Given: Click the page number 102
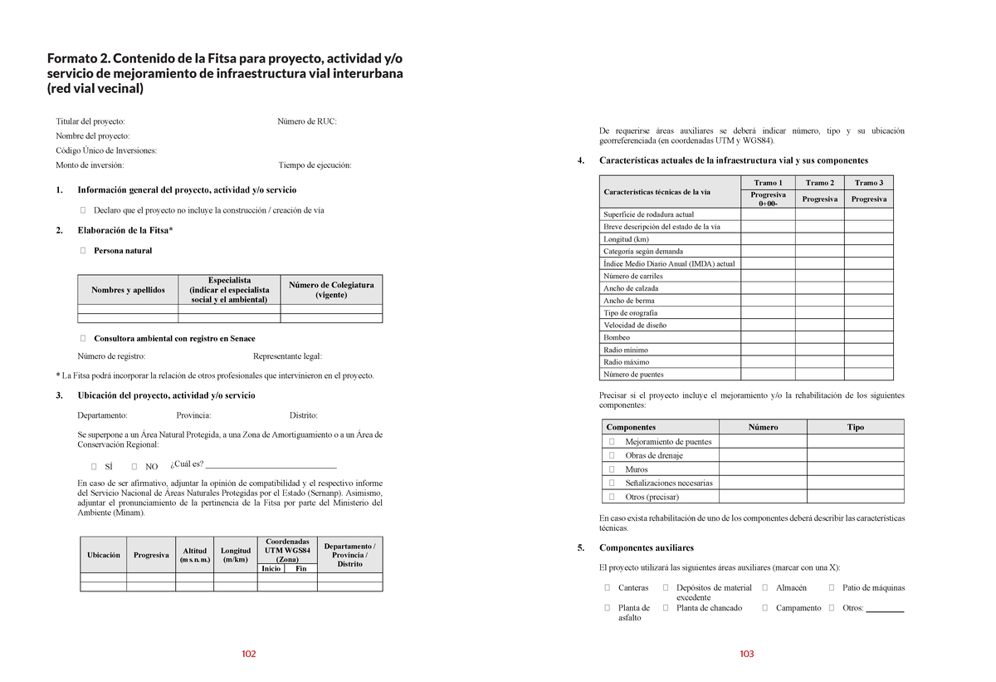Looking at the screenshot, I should click(249, 655).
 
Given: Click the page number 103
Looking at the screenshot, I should click(746, 655).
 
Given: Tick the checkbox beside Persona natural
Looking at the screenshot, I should click(82, 251).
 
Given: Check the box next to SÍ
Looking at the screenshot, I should click(94, 466).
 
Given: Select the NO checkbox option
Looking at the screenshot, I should click(134, 466).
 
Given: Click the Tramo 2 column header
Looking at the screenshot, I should click(819, 183).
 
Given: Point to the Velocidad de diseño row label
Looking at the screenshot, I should click(635, 326).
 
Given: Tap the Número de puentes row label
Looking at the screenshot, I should click(633, 375).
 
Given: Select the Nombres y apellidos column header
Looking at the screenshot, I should click(129, 290).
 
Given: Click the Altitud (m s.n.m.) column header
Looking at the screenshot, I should click(194, 555).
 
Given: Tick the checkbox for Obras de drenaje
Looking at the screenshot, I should click(611, 456).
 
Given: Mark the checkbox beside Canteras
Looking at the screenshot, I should click(607, 588).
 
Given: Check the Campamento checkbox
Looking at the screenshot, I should click(764, 608).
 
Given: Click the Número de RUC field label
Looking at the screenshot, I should click(306, 121).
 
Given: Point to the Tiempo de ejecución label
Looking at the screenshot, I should click(315, 165).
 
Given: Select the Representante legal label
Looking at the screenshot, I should click(286, 356).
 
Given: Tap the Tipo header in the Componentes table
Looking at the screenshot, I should click(855, 428).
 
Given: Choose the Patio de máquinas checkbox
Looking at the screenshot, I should click(832, 588).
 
